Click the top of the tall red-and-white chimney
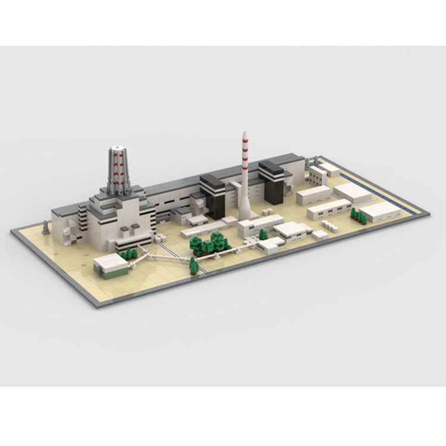244,133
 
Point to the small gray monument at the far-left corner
46,227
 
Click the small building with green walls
110,265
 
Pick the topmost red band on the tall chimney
244,140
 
